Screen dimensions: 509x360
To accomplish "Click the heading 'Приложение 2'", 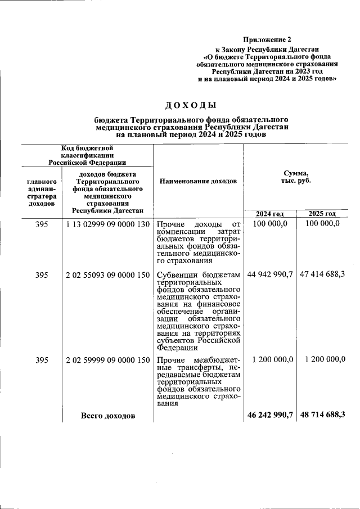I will click(x=268, y=39).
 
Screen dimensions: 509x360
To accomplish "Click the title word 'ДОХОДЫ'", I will click(x=191, y=105).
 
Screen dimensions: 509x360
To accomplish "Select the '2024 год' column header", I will click(x=269, y=214).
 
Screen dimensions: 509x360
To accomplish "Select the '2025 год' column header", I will click(x=322, y=214).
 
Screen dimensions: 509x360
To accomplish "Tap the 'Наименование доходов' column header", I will click(x=198, y=181).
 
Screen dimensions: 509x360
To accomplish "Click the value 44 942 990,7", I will click(x=269, y=275).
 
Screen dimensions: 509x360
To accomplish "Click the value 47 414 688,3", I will click(x=322, y=275).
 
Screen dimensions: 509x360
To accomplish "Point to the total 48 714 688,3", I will click(x=322, y=415).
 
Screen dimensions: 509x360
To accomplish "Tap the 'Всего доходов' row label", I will click(x=108, y=416).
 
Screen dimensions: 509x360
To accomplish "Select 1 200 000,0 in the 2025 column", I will click(x=325, y=359).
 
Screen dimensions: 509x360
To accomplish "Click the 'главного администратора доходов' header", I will click(x=42, y=193).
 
